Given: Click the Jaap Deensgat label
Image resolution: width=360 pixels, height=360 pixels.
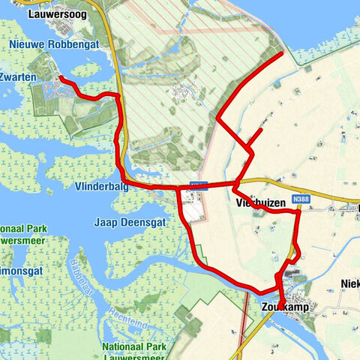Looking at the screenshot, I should pyautogui.click(x=124, y=222).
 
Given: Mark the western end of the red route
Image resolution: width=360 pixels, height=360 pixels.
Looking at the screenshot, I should pyautogui.click(x=60, y=78).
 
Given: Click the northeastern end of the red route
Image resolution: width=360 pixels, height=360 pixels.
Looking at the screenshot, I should pyautogui.click(x=281, y=54).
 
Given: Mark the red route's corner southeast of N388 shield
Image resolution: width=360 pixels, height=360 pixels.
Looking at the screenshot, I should pyautogui.click(x=298, y=212).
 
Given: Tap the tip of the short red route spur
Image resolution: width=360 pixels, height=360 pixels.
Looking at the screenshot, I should pyautogui.click(x=260, y=130).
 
